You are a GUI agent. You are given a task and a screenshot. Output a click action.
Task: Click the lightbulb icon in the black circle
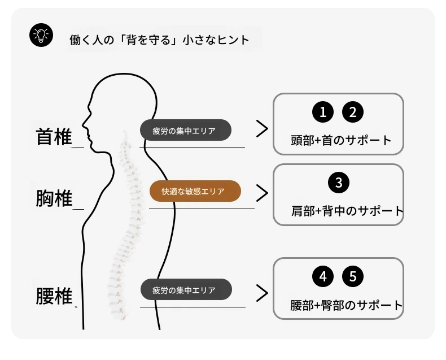click(x=41, y=35)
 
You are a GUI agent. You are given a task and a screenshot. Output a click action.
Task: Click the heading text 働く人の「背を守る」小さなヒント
click(x=159, y=40)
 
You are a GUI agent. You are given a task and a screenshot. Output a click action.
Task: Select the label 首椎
click(x=54, y=137)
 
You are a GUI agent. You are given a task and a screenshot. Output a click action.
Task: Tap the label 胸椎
click(x=54, y=198)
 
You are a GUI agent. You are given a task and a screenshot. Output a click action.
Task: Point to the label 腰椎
click(x=54, y=296)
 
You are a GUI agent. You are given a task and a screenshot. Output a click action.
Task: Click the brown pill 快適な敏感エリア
click(x=195, y=191)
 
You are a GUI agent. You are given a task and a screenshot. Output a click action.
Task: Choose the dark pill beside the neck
click(x=185, y=130)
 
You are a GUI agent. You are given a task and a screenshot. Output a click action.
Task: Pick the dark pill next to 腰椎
click(x=186, y=289)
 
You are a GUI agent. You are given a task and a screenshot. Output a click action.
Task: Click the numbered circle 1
click(x=323, y=112)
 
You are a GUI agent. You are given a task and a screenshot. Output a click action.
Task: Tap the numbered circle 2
click(x=353, y=112)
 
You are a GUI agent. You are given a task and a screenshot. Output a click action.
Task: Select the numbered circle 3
click(x=339, y=183)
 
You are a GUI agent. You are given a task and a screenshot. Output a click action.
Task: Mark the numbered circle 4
click(x=323, y=276)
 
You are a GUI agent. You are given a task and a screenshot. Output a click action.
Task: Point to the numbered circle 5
click(x=353, y=276)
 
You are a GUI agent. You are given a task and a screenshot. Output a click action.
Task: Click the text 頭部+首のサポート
click(x=341, y=140)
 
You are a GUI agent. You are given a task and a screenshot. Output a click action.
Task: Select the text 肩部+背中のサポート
click(x=347, y=211)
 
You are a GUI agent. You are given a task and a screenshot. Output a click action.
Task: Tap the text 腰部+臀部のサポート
click(x=346, y=305)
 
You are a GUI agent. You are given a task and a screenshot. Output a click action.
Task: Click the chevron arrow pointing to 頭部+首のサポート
click(x=262, y=128)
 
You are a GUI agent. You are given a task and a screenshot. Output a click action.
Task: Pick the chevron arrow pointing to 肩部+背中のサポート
click(x=262, y=193)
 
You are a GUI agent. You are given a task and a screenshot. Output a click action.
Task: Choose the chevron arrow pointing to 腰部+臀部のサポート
click(x=262, y=293)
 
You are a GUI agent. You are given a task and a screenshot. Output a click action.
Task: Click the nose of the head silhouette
click(x=84, y=124)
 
